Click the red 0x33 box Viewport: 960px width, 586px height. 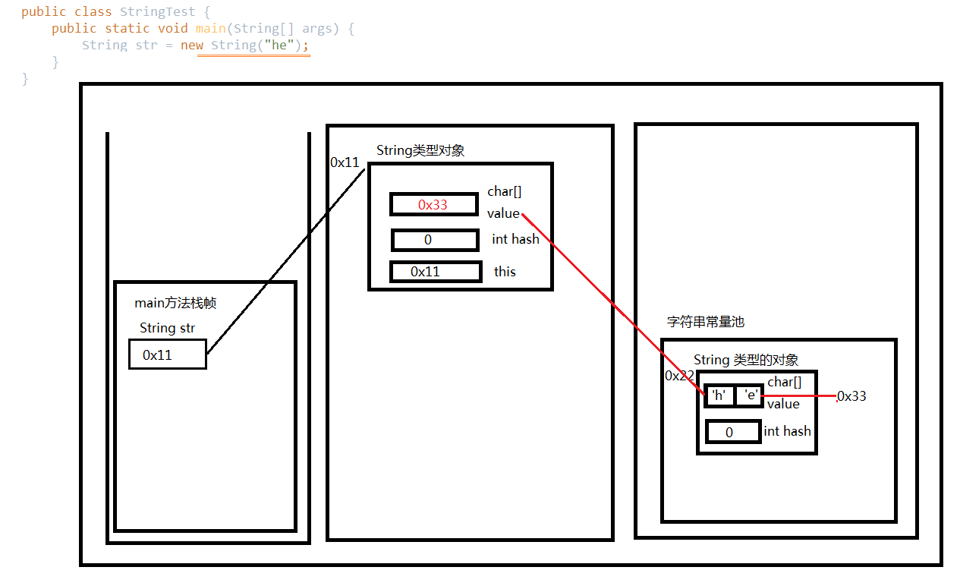[434, 204]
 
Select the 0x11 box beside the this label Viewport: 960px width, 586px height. [436, 272]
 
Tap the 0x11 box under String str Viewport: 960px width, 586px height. [167, 354]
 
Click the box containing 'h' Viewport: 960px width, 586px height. [719, 395]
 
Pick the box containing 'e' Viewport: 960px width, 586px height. [749, 395]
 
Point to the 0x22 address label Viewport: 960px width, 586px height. [679, 376]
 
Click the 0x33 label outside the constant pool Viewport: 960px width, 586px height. [851, 396]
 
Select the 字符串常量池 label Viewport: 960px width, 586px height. [706, 322]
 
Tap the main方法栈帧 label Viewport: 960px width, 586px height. [175, 304]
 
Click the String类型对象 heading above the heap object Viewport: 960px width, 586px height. [420, 150]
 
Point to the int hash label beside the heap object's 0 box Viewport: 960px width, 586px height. [515, 239]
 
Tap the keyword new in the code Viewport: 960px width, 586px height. [192, 45]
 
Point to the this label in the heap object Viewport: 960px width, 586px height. [505, 272]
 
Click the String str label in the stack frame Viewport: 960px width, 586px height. [167, 328]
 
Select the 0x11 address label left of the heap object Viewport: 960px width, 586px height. [345, 162]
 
